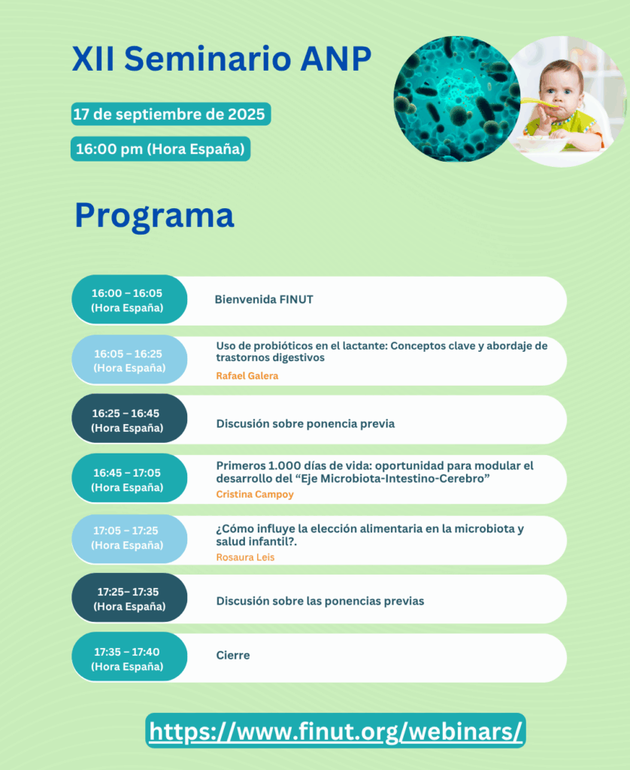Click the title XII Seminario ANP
(222, 59)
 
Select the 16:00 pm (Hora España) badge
(160, 149)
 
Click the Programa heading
(154, 215)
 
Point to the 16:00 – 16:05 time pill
(128, 300)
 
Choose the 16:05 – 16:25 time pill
(129, 360)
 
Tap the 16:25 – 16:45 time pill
(128, 420)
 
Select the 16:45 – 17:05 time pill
(128, 480)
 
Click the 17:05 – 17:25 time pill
(128, 538)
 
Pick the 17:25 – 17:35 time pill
(129, 599)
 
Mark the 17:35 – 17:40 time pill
(128, 659)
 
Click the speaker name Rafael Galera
(247, 376)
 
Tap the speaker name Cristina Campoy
(255, 495)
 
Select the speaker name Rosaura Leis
(245, 557)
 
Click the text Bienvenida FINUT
(264, 300)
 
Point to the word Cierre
(233, 656)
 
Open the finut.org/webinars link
(335, 731)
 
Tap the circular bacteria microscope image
(455, 98)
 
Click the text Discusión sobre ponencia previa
(305, 424)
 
